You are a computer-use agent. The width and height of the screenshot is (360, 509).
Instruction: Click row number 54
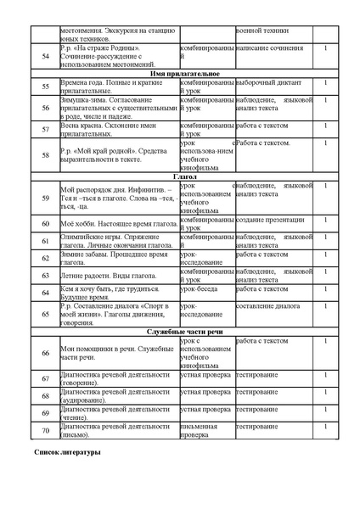pyautogui.click(x=45, y=55)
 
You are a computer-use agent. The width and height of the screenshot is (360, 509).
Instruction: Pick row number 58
pyautogui.click(x=45, y=155)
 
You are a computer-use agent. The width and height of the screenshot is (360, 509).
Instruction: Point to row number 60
pyautogui.click(x=45, y=223)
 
